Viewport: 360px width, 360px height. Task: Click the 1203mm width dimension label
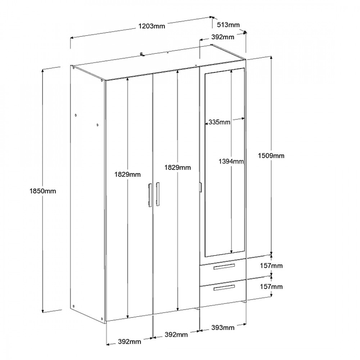(x=152, y=26)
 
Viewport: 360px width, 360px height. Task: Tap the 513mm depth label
(x=228, y=24)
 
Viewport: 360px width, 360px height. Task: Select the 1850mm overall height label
(x=43, y=191)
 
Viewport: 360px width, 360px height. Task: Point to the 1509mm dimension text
(x=271, y=156)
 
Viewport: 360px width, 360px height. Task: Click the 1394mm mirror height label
(x=231, y=161)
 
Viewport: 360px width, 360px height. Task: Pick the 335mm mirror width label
(x=219, y=122)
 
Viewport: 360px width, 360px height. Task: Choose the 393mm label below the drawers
(x=223, y=328)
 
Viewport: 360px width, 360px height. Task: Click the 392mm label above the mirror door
(x=223, y=37)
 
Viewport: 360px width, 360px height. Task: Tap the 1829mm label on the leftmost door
(x=128, y=175)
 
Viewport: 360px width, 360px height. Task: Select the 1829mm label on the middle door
(x=177, y=168)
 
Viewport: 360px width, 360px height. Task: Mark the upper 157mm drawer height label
(x=271, y=266)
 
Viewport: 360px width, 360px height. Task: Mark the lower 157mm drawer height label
(x=271, y=287)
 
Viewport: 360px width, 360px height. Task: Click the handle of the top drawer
(x=224, y=266)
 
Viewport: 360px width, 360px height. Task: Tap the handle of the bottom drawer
(x=224, y=287)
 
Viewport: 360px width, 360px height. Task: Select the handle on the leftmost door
(x=150, y=195)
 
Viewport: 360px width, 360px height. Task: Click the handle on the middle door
(x=158, y=194)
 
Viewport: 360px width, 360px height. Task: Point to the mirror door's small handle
(x=201, y=187)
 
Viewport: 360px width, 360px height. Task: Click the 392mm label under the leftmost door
(x=130, y=342)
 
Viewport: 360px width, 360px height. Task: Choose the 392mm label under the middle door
(x=176, y=334)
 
